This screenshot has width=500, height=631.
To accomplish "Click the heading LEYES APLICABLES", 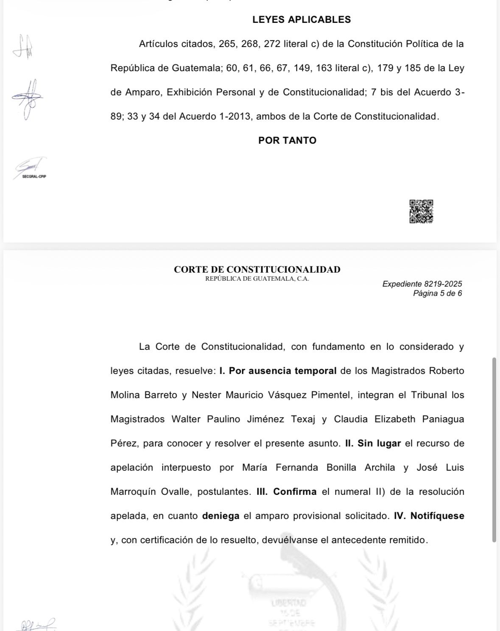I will pyautogui.click(x=301, y=20).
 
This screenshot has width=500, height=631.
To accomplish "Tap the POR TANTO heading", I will pyautogui.click(x=287, y=140).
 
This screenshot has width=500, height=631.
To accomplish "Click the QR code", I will pyautogui.click(x=421, y=211).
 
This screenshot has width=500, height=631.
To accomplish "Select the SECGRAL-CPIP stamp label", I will pyautogui.click(x=34, y=176).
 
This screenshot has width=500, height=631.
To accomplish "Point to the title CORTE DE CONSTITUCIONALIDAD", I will pyautogui.click(x=257, y=269).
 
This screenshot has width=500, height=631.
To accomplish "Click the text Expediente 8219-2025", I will pyautogui.click(x=422, y=284).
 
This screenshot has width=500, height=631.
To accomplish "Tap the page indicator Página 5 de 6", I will pyautogui.click(x=437, y=293).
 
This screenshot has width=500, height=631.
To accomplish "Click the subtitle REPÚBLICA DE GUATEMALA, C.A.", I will pyautogui.click(x=257, y=279).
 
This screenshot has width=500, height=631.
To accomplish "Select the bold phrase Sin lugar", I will pyautogui.click(x=379, y=443).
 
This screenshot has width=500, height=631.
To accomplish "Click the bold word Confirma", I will pyautogui.click(x=295, y=491).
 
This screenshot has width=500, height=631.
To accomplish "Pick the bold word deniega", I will pyautogui.click(x=221, y=516).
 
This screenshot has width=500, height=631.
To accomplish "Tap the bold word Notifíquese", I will pyautogui.click(x=437, y=516).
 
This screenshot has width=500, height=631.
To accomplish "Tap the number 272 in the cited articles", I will pyautogui.click(x=272, y=44).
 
